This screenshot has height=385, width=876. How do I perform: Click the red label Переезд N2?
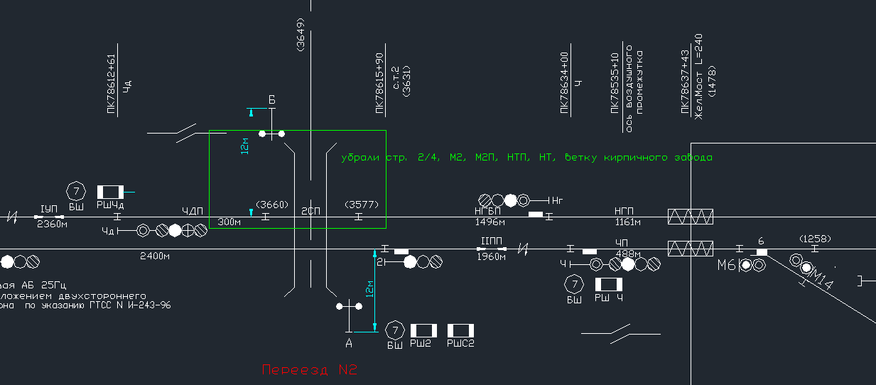pyautogui.click(x=308, y=370)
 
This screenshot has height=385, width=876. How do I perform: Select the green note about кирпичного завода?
pyautogui.click(x=526, y=157)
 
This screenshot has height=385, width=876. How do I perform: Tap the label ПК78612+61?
pyautogui.click(x=111, y=83)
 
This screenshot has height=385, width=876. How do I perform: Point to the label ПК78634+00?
pyautogui.click(x=565, y=82)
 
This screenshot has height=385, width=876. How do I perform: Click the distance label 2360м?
pyautogui.click(x=52, y=224)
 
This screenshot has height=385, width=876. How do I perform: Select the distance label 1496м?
pyautogui.click(x=490, y=222)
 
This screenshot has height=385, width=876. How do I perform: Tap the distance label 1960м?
pyautogui.click(x=491, y=257)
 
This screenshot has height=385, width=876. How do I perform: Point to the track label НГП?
pyautogui.click(x=625, y=211)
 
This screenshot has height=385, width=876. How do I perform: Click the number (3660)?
pyautogui.click(x=271, y=205)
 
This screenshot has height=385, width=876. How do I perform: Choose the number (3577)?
pyautogui.click(x=362, y=205)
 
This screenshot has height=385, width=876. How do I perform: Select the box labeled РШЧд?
pyautogui.click(x=110, y=192)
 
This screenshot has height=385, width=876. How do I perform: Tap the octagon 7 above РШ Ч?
pyautogui.click(x=573, y=284)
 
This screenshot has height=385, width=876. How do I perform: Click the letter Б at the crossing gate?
pyautogui.click(x=271, y=99)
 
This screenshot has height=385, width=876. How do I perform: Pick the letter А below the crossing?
pyautogui.click(x=349, y=343)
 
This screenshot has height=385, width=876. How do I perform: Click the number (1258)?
pyautogui.click(x=814, y=239)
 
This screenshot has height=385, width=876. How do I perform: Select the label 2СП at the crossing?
pyautogui.click(x=310, y=211)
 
